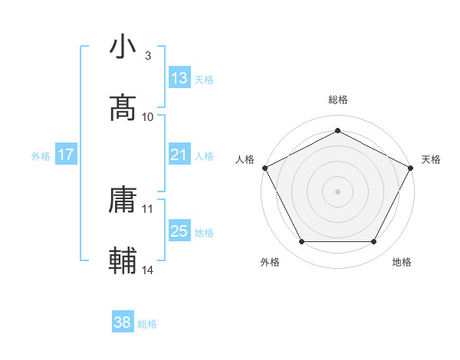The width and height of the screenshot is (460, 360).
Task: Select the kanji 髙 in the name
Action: click(124, 108)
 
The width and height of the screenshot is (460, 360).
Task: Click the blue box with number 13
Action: click(179, 78)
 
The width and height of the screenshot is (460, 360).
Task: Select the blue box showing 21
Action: click(179, 155)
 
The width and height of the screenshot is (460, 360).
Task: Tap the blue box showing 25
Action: click(179, 231)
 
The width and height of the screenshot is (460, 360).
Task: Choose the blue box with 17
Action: click(66, 155)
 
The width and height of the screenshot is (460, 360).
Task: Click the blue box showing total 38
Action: click(123, 323)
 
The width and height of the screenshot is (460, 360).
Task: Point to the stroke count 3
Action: click(148, 56)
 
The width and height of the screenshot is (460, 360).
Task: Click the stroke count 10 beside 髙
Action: click(148, 117)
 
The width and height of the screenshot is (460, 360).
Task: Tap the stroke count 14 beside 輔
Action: click(148, 270)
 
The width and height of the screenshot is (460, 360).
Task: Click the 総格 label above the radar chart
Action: click(338, 100)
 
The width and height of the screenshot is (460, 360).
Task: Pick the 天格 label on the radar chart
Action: click(431, 159)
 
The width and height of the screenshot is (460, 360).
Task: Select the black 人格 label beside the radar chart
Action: click(245, 159)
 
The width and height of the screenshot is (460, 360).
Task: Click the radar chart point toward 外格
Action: click(301, 242)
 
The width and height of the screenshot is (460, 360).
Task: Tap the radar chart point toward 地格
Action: click(374, 242)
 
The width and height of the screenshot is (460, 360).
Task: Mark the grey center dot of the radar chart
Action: click(338, 191)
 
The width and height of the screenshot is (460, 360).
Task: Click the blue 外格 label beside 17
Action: click(41, 155)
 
